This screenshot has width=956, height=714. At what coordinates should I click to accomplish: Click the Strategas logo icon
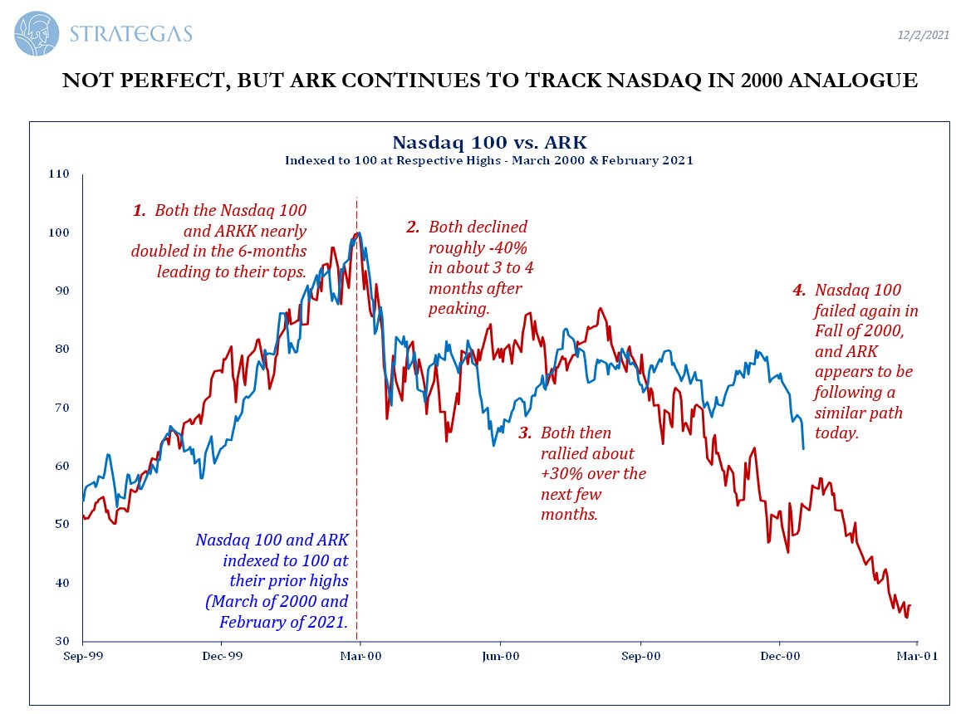[x=37, y=33]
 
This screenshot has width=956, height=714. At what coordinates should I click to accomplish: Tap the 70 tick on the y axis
[x=62, y=408]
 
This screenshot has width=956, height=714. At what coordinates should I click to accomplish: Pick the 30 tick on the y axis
[x=62, y=641]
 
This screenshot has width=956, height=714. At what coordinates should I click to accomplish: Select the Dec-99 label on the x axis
[x=222, y=656]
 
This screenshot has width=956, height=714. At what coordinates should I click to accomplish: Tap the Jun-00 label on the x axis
[x=500, y=656]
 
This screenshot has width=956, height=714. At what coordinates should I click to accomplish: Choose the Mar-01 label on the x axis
[x=917, y=656]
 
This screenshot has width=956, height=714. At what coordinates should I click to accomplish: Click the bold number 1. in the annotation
[x=140, y=211]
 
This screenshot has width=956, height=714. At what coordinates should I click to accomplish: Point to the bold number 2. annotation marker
[x=413, y=227]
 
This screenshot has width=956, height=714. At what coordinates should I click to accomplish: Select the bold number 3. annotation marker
[x=525, y=433]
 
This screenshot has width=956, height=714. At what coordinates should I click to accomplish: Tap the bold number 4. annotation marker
[x=799, y=291]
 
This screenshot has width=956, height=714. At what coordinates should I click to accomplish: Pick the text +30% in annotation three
[x=561, y=474]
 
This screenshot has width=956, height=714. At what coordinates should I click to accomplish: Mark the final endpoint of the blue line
[x=803, y=449]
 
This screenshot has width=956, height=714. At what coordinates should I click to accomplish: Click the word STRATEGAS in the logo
[x=133, y=34]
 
